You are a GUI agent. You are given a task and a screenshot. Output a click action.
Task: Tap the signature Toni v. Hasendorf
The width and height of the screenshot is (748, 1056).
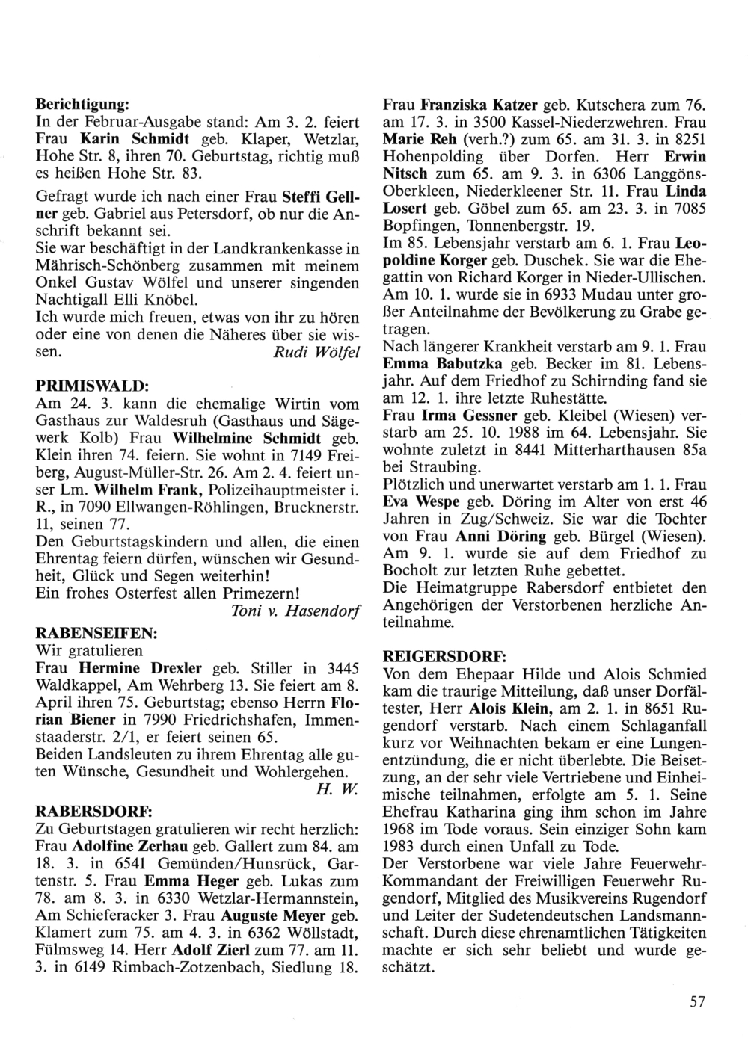coord(297,612)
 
